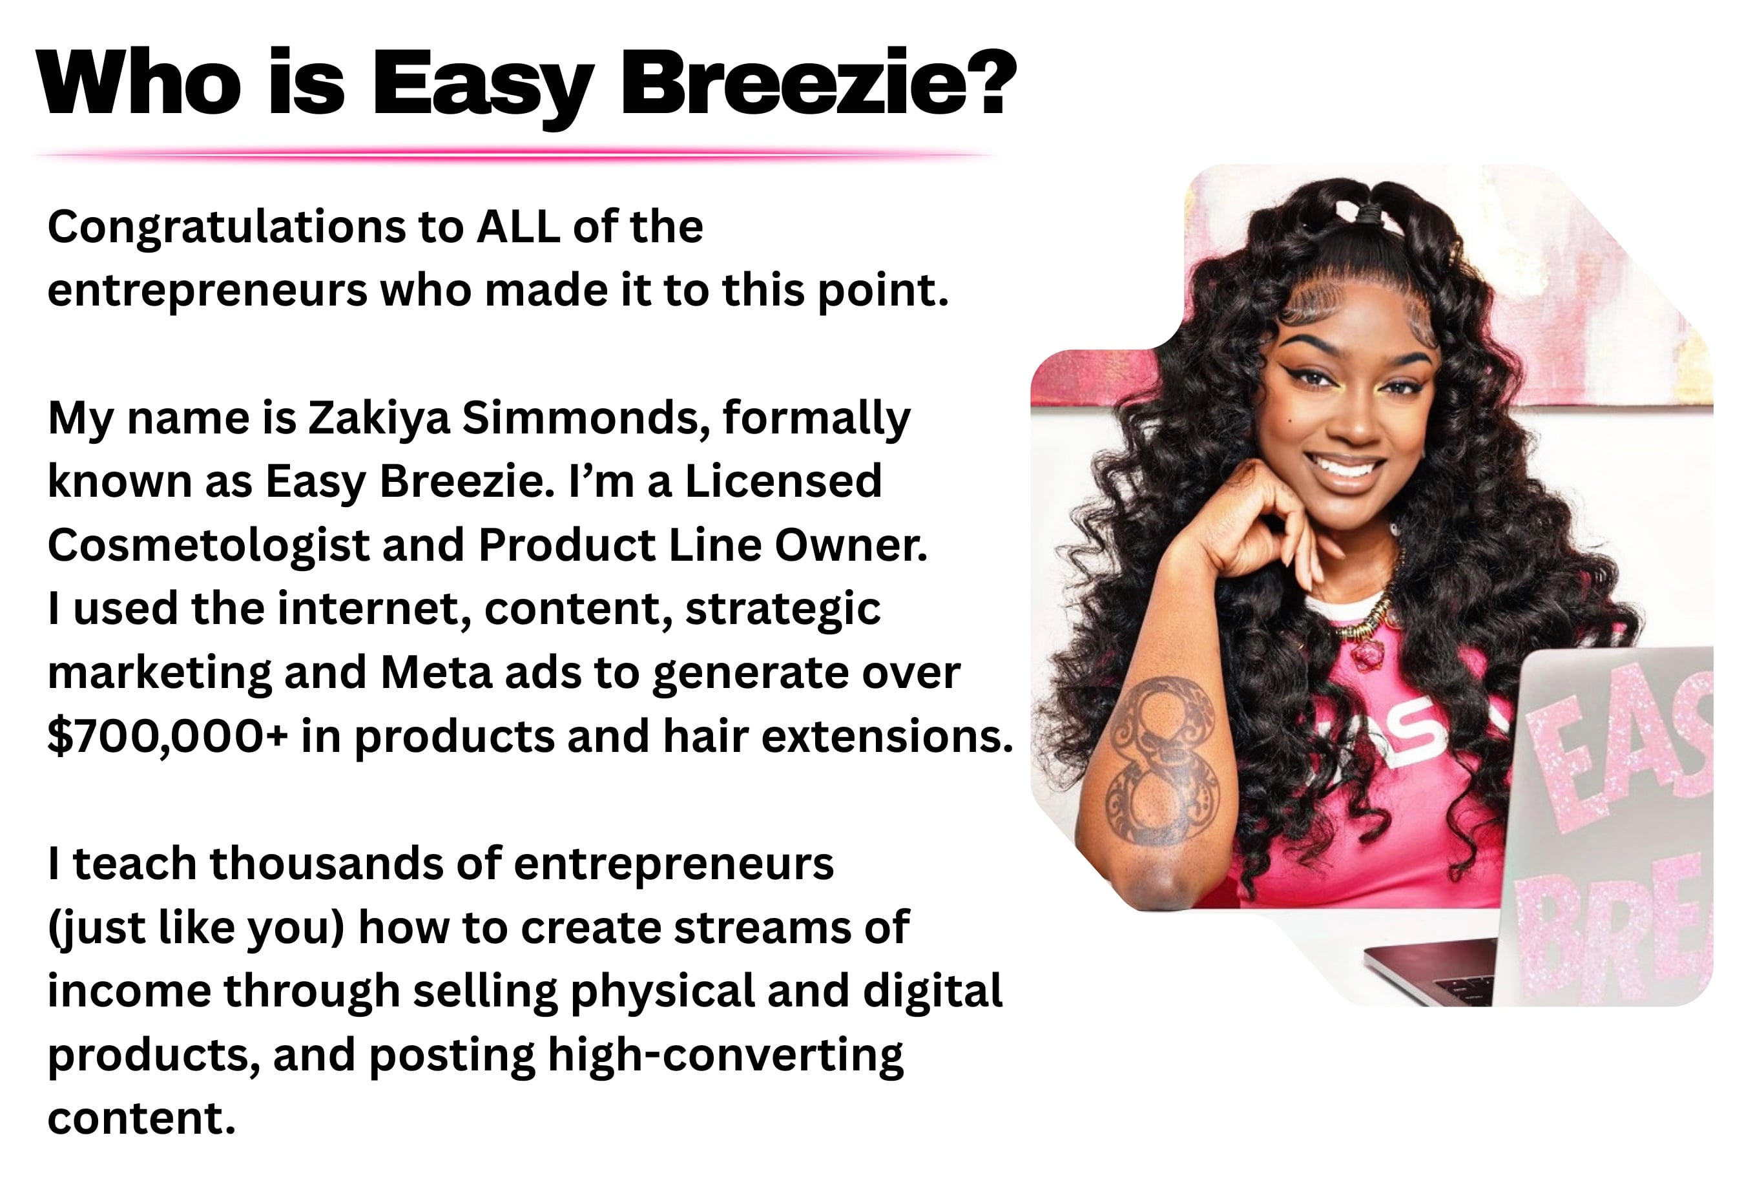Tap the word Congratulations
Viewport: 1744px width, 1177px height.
pyautogui.click(x=225, y=228)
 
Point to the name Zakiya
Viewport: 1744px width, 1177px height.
pyautogui.click(x=379, y=419)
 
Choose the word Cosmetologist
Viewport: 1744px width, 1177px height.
pyautogui.click(x=209, y=546)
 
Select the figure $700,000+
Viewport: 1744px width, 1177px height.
pyautogui.click(x=167, y=736)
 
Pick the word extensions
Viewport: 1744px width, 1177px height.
pyautogui.click(x=887, y=736)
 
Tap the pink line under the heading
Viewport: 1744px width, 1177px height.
pyautogui.click(x=514, y=154)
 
